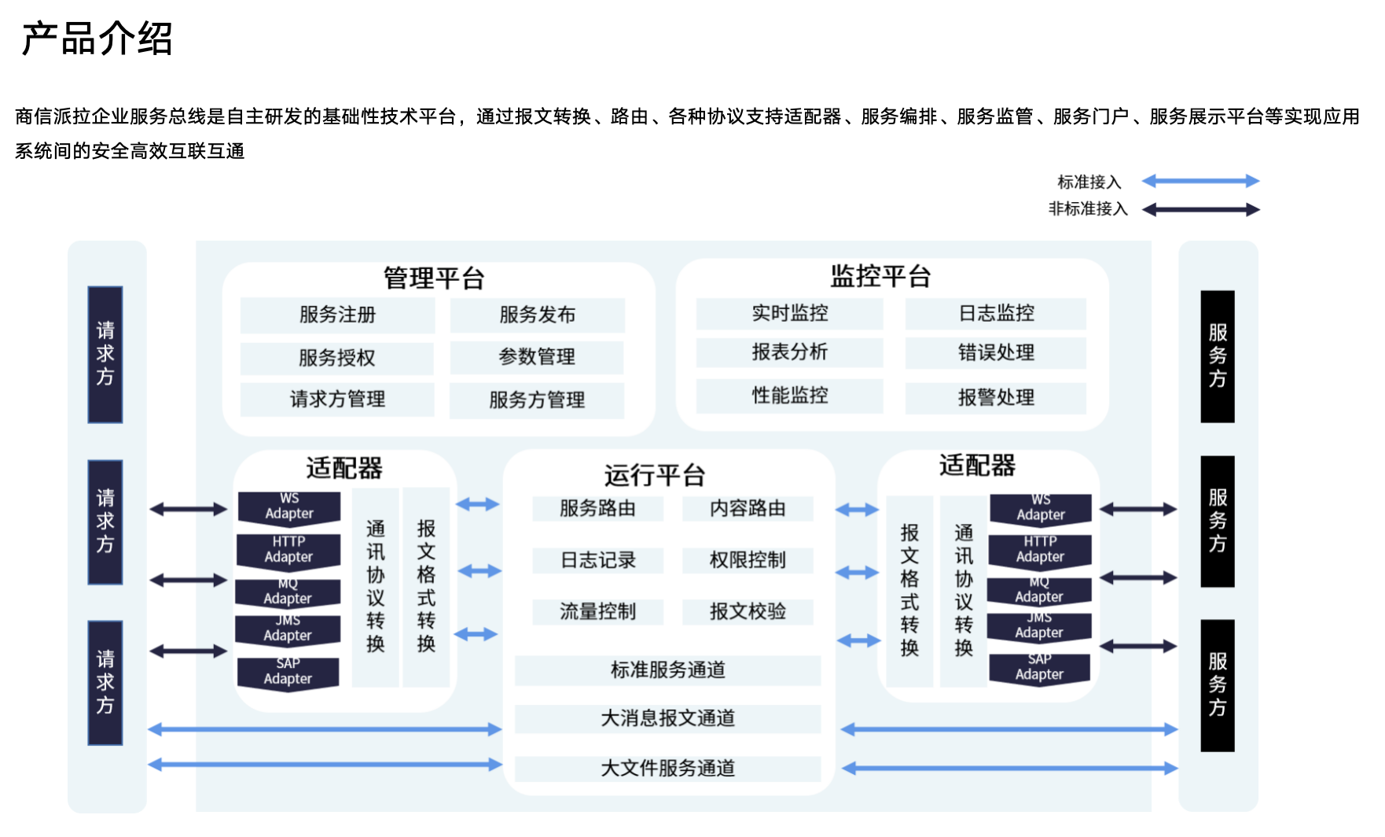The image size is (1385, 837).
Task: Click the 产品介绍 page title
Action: coord(97,39)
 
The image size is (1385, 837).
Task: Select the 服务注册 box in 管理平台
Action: coord(337,315)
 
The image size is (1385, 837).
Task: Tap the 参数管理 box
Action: coord(537,357)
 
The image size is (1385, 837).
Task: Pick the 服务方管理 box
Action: coord(537,400)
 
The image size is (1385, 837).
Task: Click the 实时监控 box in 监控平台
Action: coord(789,313)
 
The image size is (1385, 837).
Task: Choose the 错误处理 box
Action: coord(995,352)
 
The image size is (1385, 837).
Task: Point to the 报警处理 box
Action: coord(995,397)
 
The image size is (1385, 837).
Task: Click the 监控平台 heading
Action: coord(880,276)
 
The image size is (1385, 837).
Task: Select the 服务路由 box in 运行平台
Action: coord(597,508)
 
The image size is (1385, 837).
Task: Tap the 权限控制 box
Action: coord(747,560)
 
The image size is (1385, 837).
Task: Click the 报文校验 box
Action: coord(747,611)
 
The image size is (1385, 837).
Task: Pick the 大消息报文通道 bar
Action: coord(667,718)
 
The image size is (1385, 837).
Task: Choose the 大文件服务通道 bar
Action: coord(667,768)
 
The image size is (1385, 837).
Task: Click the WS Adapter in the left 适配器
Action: coord(289,507)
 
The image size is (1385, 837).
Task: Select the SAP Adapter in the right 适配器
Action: coord(1039,668)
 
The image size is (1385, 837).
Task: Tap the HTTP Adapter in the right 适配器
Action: coord(1040,550)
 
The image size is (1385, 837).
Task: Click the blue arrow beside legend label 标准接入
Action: coord(1200,182)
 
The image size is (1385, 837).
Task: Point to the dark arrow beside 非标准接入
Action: coord(1200,209)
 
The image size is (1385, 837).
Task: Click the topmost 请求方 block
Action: coord(105,354)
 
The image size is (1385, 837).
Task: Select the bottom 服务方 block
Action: coord(1218,685)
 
